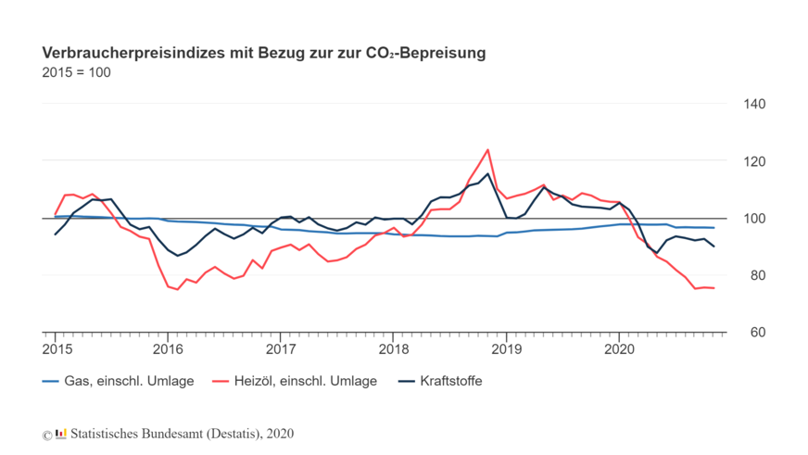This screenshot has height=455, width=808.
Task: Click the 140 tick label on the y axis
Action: pyautogui.click(x=754, y=105)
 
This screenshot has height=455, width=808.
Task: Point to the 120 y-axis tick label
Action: pyautogui.click(x=754, y=162)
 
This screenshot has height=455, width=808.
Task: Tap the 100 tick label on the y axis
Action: pyautogui.click(x=754, y=219)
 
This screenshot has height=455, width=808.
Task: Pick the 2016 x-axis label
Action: pyautogui.click(x=168, y=349)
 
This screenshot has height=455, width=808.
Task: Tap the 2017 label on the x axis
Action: pyautogui.click(x=281, y=349)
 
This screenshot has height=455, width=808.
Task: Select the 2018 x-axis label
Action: pyautogui.click(x=394, y=349)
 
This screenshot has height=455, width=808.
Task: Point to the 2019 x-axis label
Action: pyautogui.click(x=507, y=349)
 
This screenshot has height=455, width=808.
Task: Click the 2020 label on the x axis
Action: pyautogui.click(x=619, y=349)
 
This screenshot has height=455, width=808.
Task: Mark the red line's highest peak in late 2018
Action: pyautogui.click(x=487, y=150)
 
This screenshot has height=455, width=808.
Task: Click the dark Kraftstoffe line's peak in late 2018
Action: pyautogui.click(x=488, y=174)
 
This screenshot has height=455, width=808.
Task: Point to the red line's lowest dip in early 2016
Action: pyautogui.click(x=177, y=290)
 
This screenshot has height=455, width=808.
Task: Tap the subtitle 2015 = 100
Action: pyautogui.click(x=76, y=72)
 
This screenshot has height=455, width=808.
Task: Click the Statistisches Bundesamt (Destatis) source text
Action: pyautogui.click(x=183, y=434)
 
